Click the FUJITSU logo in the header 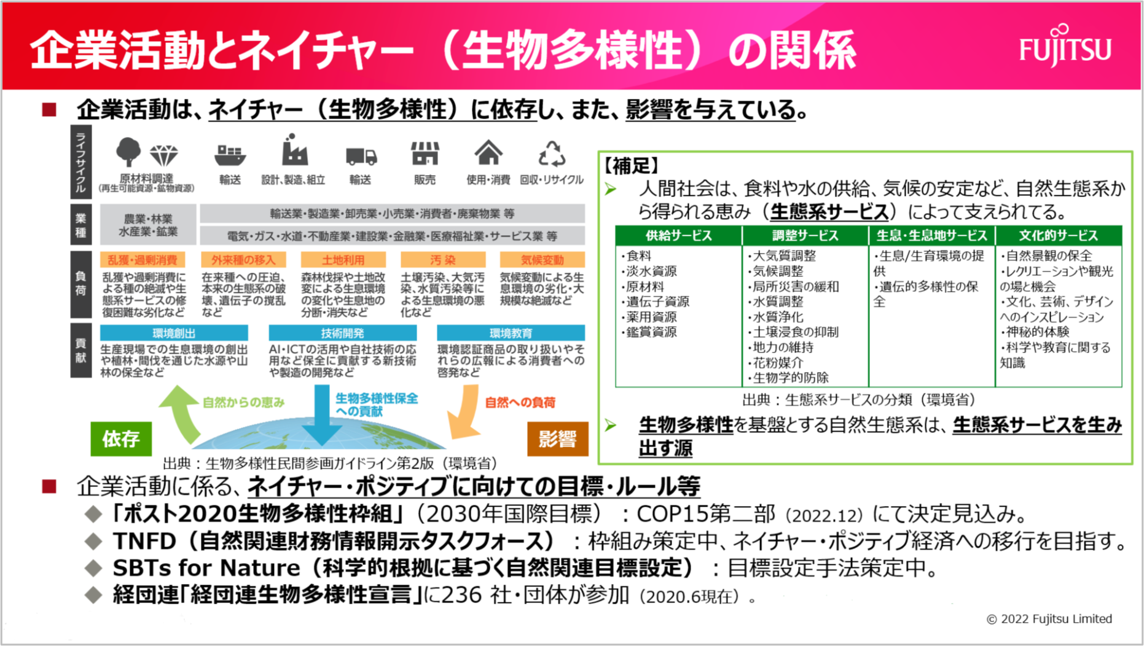[1065, 47]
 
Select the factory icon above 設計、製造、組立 [294, 151]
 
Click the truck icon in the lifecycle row [361, 156]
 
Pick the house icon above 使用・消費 [488, 152]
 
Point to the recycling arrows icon [551, 154]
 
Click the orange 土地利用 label [343, 260]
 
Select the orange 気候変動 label [542, 260]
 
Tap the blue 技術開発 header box [342, 333]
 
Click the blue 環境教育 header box [511, 333]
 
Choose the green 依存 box [121, 438]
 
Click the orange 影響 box [557, 438]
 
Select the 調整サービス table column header [804, 235]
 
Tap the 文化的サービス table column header [1058, 235]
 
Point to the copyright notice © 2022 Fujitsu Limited [1049, 618]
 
